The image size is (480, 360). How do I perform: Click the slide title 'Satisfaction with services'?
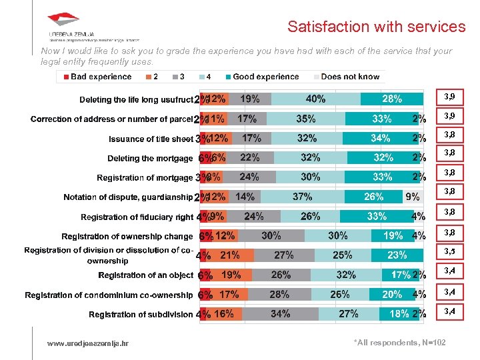point(376,27)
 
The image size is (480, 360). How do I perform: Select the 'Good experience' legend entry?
point(261,77)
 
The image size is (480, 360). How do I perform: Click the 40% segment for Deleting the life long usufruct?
point(315,99)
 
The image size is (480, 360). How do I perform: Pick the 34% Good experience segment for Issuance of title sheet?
point(380,139)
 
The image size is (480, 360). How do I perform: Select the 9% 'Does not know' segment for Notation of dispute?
point(413,197)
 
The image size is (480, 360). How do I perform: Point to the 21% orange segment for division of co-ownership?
point(231,255)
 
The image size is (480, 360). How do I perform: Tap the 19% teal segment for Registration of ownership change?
point(392,236)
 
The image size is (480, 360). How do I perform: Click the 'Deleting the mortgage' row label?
point(150,159)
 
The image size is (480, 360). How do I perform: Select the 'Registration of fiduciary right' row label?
point(137,217)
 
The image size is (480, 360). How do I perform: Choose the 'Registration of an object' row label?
point(145,275)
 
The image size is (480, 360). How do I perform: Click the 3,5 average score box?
point(450,251)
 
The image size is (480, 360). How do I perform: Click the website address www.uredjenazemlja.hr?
point(88,343)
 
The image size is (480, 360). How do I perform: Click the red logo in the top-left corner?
point(63,21)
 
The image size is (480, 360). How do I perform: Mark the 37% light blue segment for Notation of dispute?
point(302,197)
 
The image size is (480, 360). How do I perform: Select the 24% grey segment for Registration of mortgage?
point(249,178)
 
